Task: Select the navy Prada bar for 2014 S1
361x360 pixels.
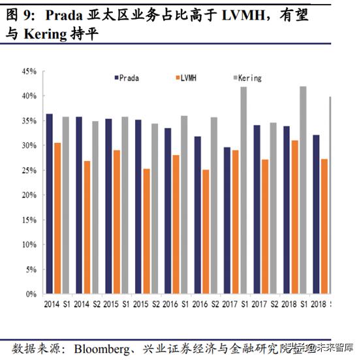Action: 49,203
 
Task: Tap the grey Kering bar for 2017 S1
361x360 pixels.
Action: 243,190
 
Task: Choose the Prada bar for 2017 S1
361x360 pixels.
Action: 227,220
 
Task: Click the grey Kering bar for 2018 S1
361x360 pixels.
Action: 302,190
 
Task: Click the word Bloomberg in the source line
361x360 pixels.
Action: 110,345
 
